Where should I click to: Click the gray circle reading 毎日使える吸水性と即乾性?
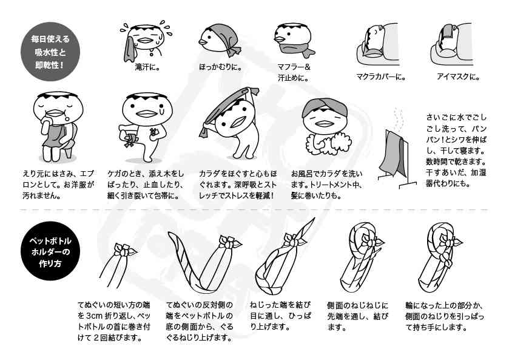coord(50,52)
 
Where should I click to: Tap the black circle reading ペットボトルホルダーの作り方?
coord(50,251)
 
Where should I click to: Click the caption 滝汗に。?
coord(147,67)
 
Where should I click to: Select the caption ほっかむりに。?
coord(220,67)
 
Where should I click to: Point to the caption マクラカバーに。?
coord(381,77)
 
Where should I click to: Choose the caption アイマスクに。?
coord(458,77)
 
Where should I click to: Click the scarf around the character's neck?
coord(294,48)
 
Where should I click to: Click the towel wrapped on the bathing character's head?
coord(325,107)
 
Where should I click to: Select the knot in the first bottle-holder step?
coord(124,250)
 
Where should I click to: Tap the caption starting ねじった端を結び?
coord(280,316)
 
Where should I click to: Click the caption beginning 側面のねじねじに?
coord(357,316)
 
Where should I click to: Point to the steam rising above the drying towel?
coord(399,119)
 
